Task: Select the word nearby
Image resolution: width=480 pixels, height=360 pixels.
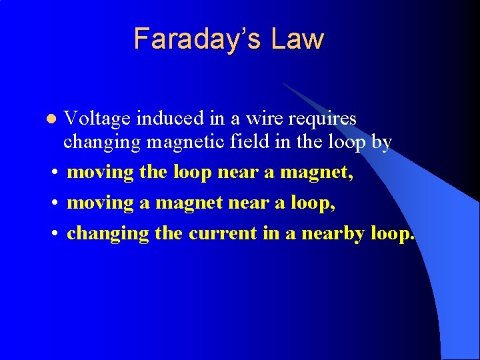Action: pos(333,234)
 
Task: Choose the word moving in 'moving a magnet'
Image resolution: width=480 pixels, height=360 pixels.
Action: pos(101,203)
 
